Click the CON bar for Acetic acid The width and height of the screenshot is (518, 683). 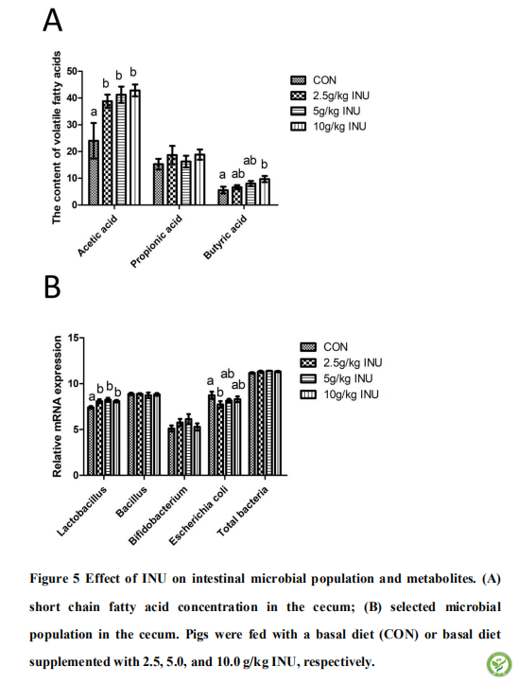pyautogui.click(x=94, y=172)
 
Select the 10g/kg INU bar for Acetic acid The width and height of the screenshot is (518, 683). pyautogui.click(x=135, y=148)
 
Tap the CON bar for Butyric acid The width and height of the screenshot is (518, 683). pyautogui.click(x=223, y=198)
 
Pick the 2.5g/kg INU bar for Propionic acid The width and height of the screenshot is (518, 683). pyautogui.click(x=172, y=180)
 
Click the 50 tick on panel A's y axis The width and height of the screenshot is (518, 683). pyautogui.click(x=72, y=71)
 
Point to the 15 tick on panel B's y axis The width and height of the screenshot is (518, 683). pyautogui.click(x=74, y=338)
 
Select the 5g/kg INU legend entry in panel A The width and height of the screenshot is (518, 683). pyautogui.click(x=326, y=111)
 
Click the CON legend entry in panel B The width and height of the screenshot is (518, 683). pyautogui.click(x=324, y=347)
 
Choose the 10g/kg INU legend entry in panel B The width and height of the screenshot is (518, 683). pyautogui.click(x=339, y=394)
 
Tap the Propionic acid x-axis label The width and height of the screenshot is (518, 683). pyautogui.click(x=156, y=241)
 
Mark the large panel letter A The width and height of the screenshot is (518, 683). pyautogui.click(x=52, y=21)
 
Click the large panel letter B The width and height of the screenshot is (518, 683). pyautogui.click(x=52, y=286)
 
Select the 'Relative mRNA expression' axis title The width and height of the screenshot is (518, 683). pyautogui.click(x=57, y=407)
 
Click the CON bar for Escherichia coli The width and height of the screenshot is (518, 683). pyautogui.click(x=212, y=435)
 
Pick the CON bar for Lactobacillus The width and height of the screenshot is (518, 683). pyautogui.click(x=91, y=441)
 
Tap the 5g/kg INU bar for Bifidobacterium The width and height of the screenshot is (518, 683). pyautogui.click(x=188, y=447)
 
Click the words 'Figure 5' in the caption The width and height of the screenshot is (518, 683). pyautogui.click(x=55, y=578)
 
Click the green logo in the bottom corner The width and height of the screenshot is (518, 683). pyautogui.click(x=499, y=664)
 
